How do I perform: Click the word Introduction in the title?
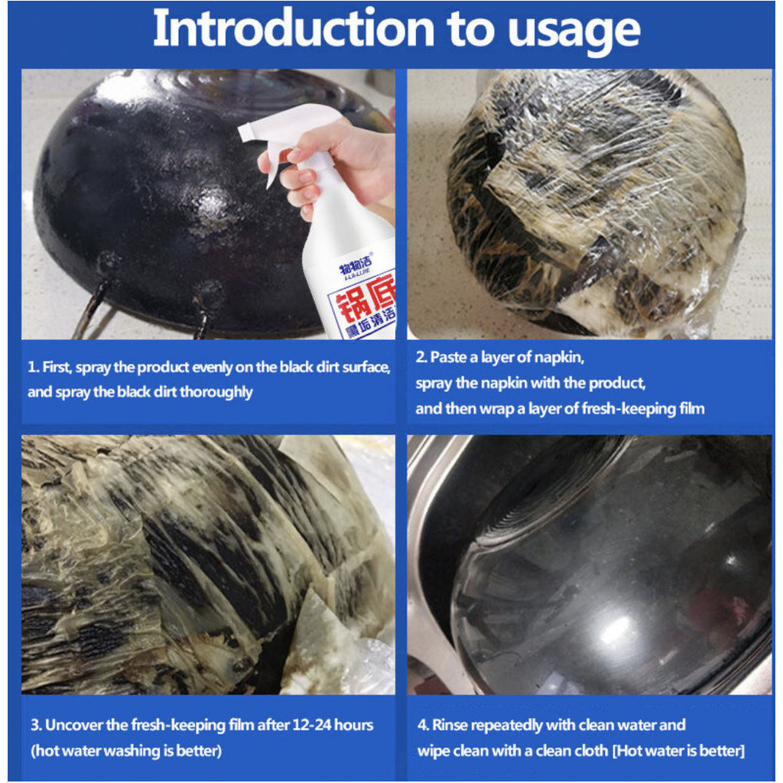click(x=294, y=28)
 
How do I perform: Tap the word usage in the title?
click(x=573, y=32)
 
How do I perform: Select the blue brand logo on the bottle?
click(x=356, y=264)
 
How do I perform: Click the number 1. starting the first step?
click(x=33, y=367)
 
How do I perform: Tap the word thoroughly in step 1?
click(x=216, y=392)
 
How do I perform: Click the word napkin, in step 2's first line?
click(x=559, y=358)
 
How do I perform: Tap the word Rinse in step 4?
click(x=450, y=725)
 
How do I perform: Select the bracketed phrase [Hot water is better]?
click(x=679, y=751)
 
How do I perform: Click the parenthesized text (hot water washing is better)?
click(x=126, y=751)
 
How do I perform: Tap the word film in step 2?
click(x=692, y=408)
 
